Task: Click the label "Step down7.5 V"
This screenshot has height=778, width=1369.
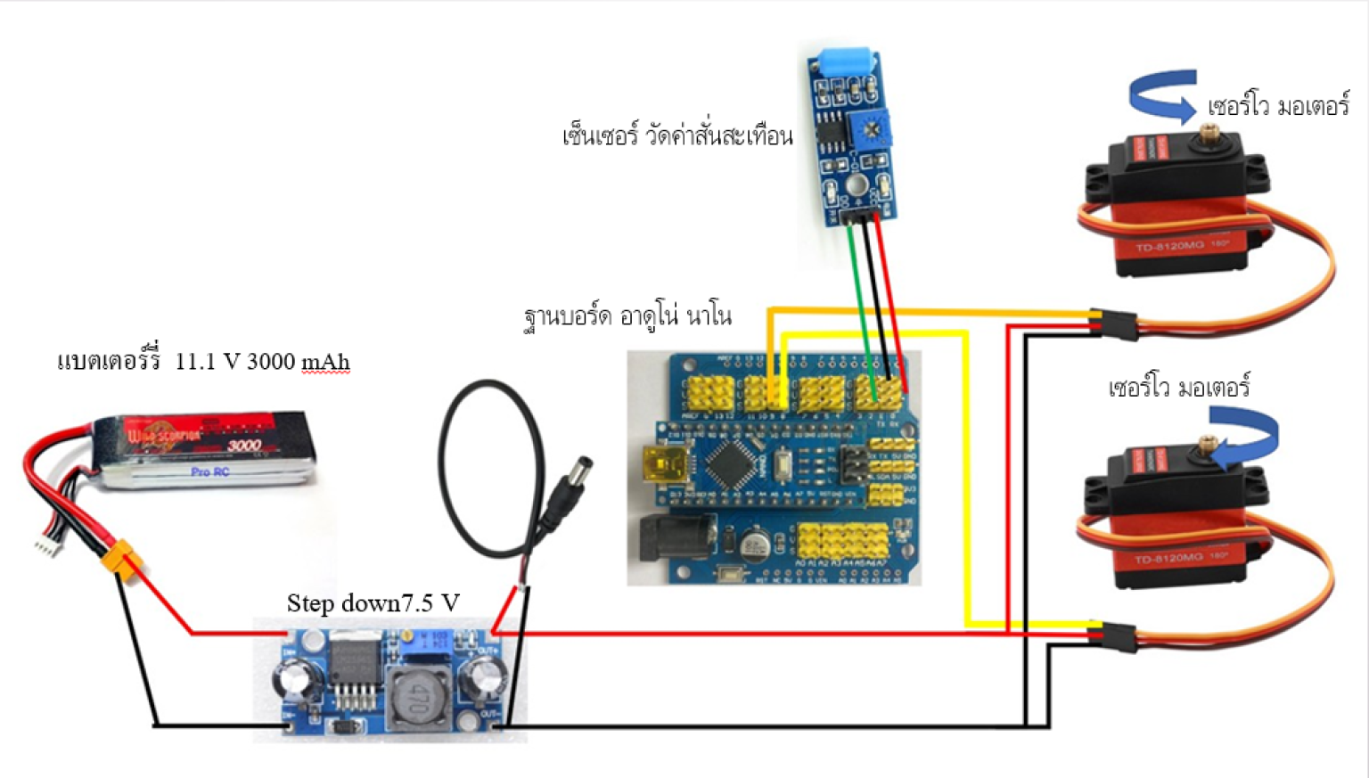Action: [373, 603]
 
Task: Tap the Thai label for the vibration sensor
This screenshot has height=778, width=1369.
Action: [676, 136]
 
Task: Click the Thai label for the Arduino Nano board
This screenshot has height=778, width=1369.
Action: [627, 316]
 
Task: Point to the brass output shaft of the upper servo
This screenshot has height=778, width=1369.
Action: [1209, 135]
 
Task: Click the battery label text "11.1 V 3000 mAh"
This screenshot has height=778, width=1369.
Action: [262, 362]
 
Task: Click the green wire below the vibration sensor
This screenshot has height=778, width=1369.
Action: [860, 294]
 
